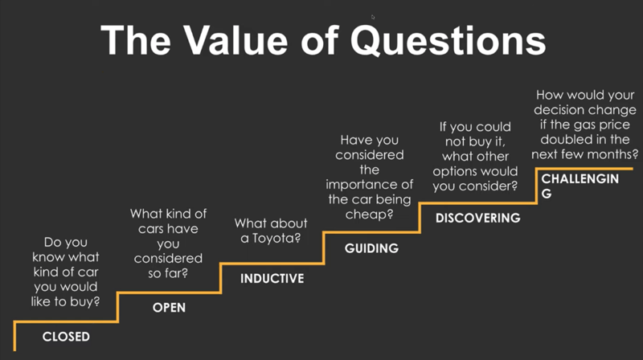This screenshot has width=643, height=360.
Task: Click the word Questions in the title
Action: (448, 40)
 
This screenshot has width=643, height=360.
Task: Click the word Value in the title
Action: (235, 40)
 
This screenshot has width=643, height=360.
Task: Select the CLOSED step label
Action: (66, 337)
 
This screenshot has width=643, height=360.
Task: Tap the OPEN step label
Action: (169, 308)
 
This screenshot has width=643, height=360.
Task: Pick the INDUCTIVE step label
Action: (272, 278)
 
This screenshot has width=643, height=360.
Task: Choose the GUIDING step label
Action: (371, 248)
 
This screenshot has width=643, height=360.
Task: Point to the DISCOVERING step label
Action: (477, 218)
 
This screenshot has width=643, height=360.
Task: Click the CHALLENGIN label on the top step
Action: (580, 178)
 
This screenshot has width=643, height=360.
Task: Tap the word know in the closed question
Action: (47, 257)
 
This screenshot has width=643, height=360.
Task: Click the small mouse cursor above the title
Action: (373, 17)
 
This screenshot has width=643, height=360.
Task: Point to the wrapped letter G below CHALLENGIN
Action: (547, 194)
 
